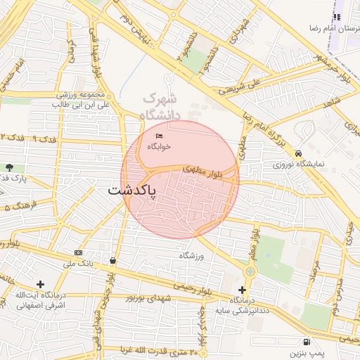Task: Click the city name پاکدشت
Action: [x=134, y=191]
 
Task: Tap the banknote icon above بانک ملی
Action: [x=77, y=252]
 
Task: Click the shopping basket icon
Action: [x=112, y=260]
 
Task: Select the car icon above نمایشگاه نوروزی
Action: [x=299, y=153]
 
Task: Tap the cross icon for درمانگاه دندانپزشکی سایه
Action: [x=243, y=290]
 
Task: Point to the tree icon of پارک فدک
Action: [x=8, y=167]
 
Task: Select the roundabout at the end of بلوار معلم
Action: [x=250, y=271]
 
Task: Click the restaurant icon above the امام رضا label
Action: [x=336, y=17]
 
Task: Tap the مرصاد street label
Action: [x=314, y=274]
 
